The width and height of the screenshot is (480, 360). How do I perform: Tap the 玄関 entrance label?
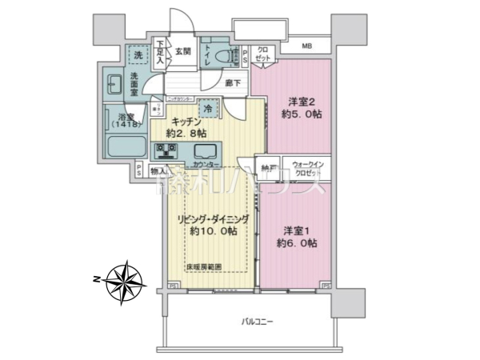click(x=182, y=52)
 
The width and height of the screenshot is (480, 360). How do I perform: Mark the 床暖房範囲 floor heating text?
click(x=204, y=266)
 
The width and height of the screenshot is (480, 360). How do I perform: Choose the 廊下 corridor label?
click(x=234, y=82)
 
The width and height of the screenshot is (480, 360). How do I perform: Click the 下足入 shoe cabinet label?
click(x=161, y=50)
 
